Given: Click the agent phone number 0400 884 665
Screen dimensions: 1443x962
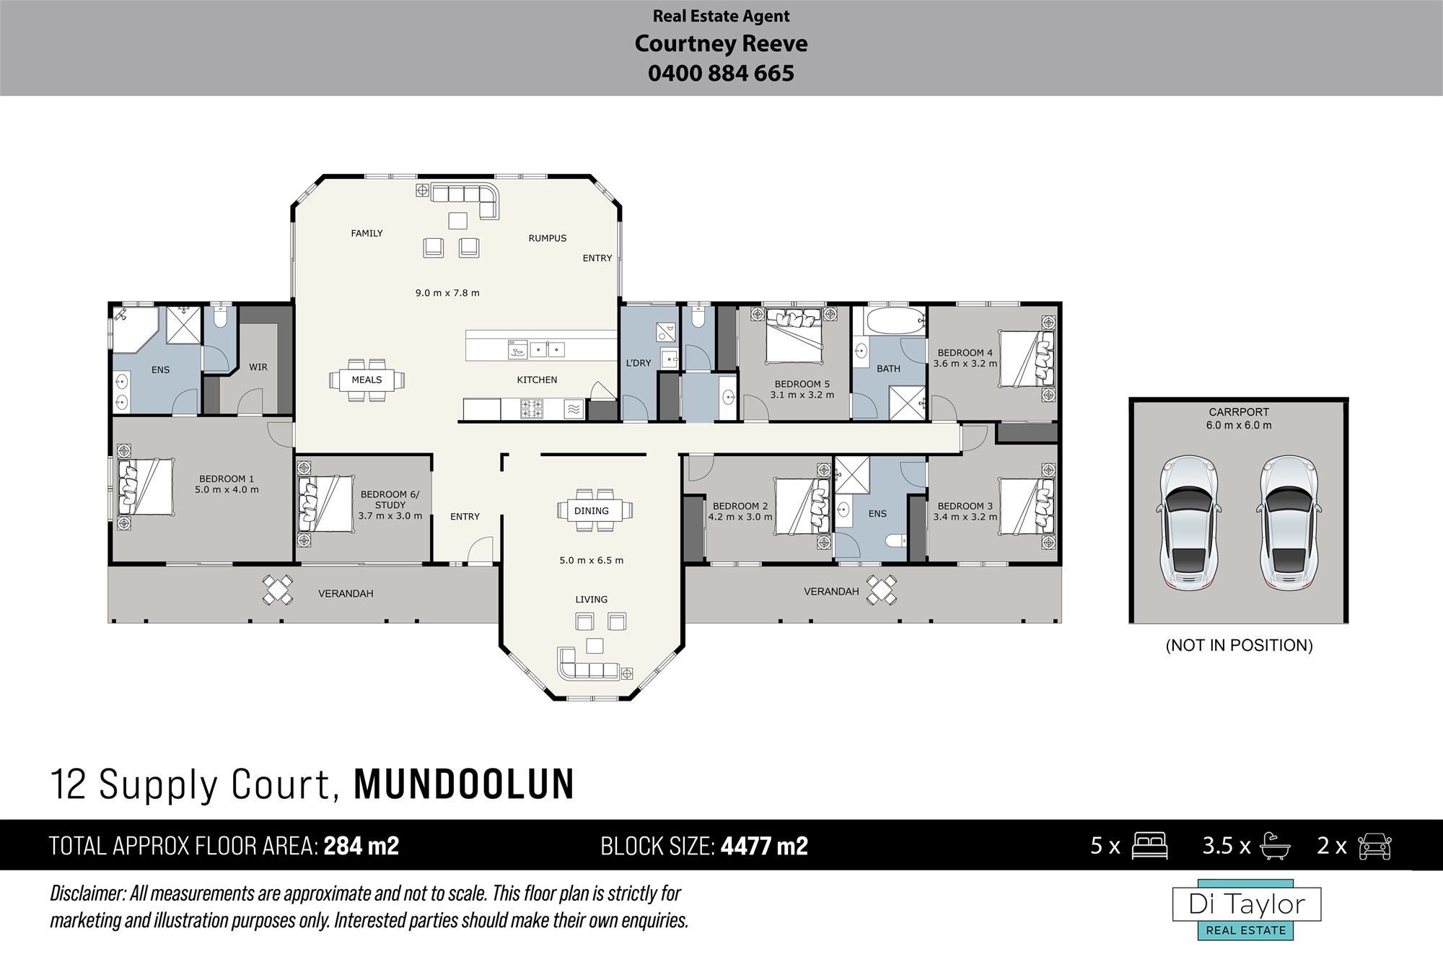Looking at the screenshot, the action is pyautogui.click(x=721, y=73).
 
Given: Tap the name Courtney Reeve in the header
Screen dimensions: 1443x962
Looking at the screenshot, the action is pyautogui.click(x=721, y=44).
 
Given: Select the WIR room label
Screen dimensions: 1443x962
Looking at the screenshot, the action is pyautogui.click(x=258, y=367).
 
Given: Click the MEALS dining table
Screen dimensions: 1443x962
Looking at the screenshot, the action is pyautogui.click(x=367, y=380).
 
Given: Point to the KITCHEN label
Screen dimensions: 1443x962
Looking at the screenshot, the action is pyautogui.click(x=537, y=380).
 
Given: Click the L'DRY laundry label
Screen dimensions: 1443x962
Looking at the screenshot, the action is pyautogui.click(x=639, y=363).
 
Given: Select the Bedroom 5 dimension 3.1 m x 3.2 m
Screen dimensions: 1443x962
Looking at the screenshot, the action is pyautogui.click(x=802, y=395).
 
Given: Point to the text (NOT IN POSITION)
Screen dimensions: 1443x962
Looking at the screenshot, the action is pyautogui.click(x=1239, y=645).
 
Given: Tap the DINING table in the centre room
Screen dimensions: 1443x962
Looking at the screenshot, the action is pyautogui.click(x=595, y=510).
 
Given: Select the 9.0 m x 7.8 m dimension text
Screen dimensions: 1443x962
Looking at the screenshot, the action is pyautogui.click(x=447, y=293).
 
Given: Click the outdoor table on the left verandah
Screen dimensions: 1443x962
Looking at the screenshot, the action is pyautogui.click(x=278, y=590).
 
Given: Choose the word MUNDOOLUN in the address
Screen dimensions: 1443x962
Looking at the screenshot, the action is pyautogui.click(x=464, y=784).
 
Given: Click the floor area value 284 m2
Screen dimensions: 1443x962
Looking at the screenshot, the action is pyautogui.click(x=361, y=845).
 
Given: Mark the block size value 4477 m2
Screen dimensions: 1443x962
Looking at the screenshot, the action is pyautogui.click(x=764, y=845).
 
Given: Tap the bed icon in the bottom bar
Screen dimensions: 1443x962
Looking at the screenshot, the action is pyautogui.click(x=1149, y=846).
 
